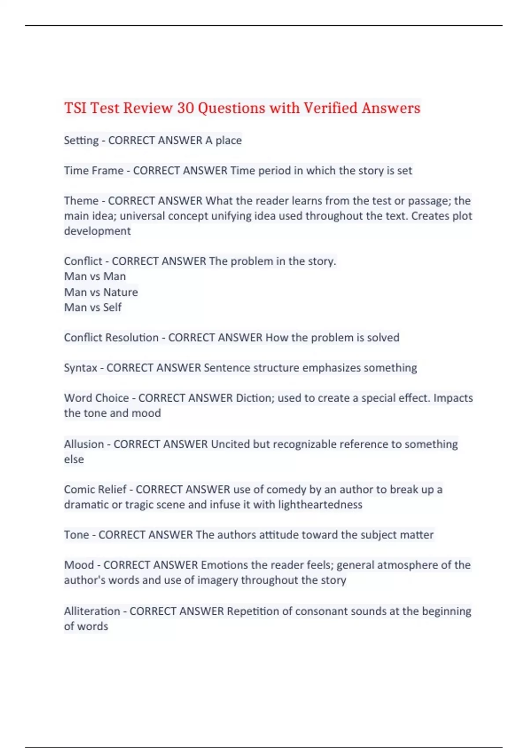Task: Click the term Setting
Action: point(81,140)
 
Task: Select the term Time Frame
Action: point(94,170)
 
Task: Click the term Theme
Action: point(81,201)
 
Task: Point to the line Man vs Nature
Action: point(101,292)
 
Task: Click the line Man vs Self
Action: point(92,307)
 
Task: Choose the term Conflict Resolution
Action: point(111,337)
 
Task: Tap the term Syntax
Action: point(81,367)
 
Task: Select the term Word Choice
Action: point(96,398)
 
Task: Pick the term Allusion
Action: point(84,444)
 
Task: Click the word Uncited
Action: point(230,444)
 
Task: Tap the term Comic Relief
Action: point(95,489)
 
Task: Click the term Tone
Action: point(77,535)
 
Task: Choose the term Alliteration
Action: point(92,611)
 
